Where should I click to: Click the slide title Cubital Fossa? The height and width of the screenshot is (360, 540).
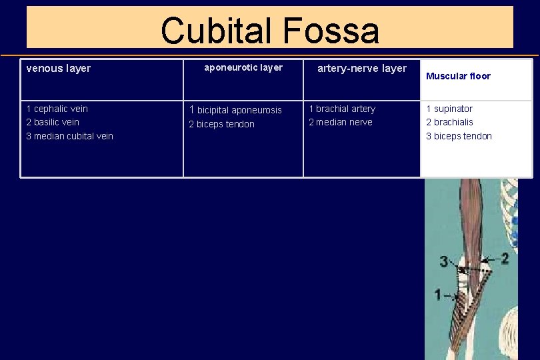point(269,31)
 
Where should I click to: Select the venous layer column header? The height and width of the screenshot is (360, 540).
point(58,68)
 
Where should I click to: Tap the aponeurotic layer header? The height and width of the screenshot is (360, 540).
point(243,67)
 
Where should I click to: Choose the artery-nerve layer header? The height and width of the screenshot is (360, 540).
point(362,68)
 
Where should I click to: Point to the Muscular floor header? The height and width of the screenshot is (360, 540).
point(458,76)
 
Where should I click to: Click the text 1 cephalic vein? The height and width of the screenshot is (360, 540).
point(57,109)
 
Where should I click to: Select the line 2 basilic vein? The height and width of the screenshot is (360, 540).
point(52,122)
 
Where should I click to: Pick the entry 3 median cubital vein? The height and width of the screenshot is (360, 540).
point(69,136)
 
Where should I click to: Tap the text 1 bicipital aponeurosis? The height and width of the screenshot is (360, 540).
point(235,110)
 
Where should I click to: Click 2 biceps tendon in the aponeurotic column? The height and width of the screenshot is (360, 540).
point(221,124)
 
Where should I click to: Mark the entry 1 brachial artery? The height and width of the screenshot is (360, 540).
point(342,109)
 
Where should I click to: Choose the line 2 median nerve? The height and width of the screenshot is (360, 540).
point(341,122)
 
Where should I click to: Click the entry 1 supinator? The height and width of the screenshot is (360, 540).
point(449,109)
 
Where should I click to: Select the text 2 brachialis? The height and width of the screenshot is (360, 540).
point(449,122)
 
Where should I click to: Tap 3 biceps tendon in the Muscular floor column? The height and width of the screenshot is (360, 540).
point(459,136)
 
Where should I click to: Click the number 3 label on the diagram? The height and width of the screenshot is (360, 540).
point(444,261)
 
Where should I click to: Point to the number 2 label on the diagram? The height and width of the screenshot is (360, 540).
point(505,258)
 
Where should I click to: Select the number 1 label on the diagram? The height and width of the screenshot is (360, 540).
point(437,294)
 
